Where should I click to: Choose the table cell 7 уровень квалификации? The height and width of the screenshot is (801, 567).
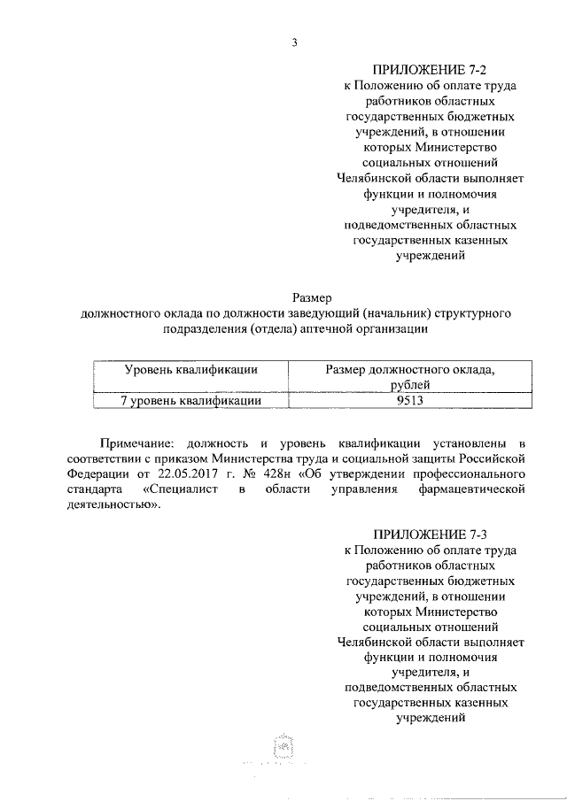(x=190, y=401)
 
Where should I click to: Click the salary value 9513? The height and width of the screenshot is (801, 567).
(x=408, y=401)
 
